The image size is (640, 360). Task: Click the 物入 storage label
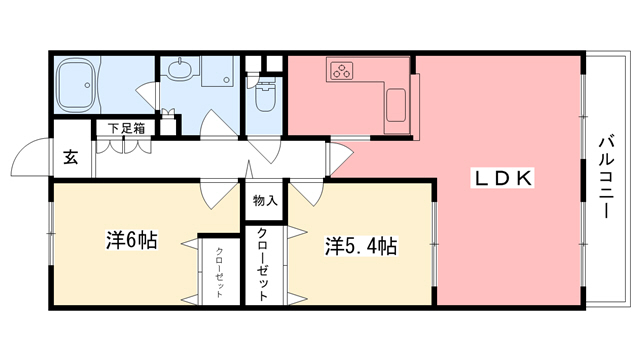pos(265,200)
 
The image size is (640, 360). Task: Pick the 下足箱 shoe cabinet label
pos(127,128)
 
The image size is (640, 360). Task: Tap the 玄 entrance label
pos(72,156)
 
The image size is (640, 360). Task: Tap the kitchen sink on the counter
pos(395,103)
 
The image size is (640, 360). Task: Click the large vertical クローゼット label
pos(263,264)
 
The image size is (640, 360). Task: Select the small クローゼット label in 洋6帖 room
pos(218,269)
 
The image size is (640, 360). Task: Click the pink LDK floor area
pos(500,240)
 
